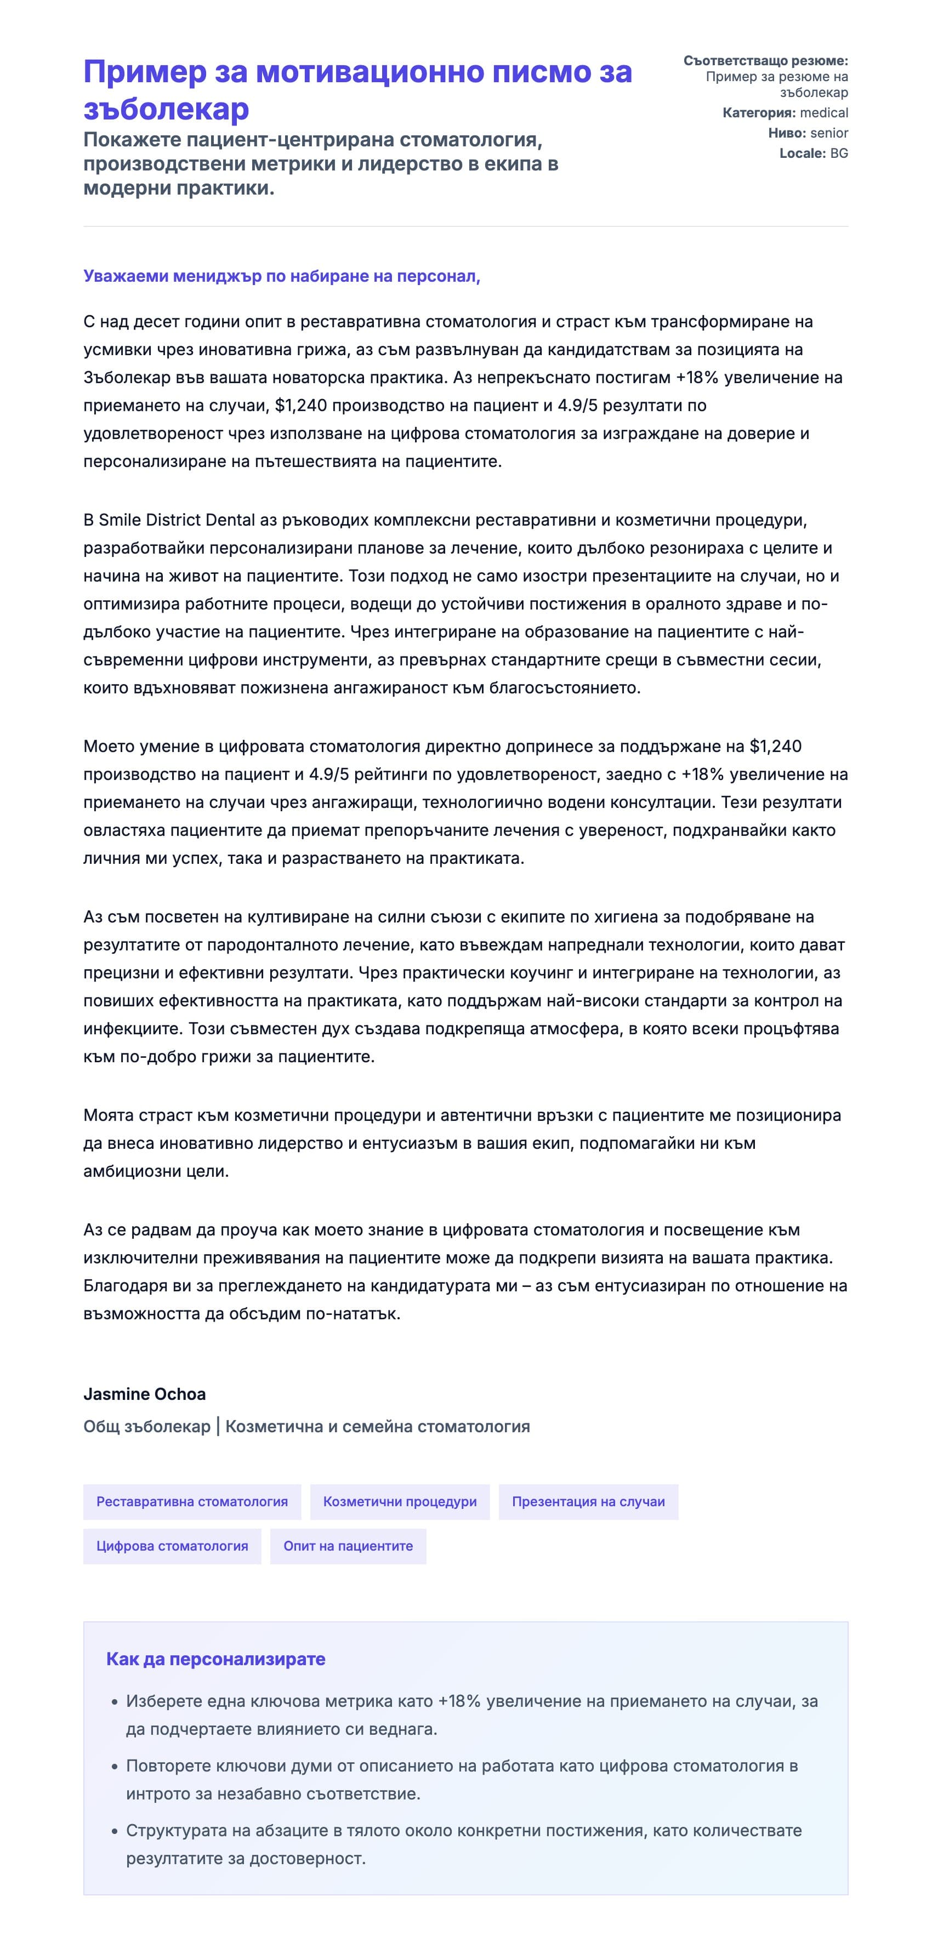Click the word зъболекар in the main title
[x=166, y=109]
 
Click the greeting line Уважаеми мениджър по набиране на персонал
[x=281, y=276]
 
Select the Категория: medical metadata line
[x=785, y=113]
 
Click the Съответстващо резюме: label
[x=765, y=60]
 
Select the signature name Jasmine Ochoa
[x=145, y=1394]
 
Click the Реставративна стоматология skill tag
[x=192, y=1502]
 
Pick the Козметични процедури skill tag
[x=400, y=1502]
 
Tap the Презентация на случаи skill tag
[x=588, y=1502]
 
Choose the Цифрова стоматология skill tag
[x=172, y=1546]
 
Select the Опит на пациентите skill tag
[x=348, y=1546]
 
